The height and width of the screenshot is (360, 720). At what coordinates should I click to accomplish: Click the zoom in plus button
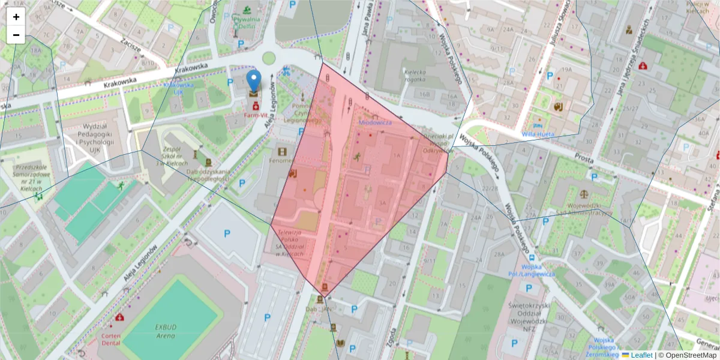16,17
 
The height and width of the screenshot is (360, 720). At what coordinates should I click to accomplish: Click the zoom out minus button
16,35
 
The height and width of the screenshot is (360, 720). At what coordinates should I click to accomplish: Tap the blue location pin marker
254,82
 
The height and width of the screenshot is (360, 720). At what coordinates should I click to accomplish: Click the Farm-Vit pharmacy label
254,115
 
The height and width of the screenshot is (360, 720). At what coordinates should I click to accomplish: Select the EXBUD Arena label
169,328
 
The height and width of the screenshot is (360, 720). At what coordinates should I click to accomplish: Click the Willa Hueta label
537,134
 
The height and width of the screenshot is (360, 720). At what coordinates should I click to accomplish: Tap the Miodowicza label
375,122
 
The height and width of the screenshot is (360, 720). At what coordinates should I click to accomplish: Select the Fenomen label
281,160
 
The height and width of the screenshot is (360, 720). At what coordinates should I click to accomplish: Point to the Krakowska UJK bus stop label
179,88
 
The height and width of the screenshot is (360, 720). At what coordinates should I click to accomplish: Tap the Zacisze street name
130,44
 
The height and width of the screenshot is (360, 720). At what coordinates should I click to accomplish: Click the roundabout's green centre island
269,58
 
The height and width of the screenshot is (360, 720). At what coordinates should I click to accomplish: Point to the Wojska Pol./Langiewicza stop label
538,270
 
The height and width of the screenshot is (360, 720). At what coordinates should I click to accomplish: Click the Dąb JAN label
319,310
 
